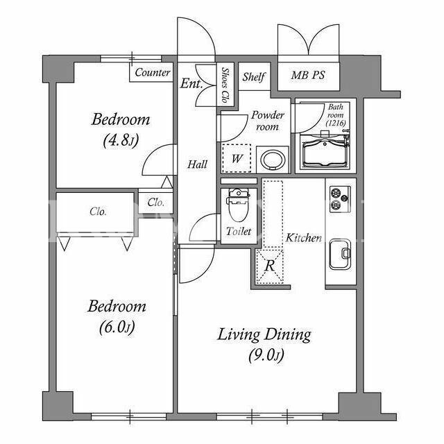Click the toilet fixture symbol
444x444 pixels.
point(239,205)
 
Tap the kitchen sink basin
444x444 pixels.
point(340,254)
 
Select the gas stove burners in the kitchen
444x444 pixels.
point(340,199)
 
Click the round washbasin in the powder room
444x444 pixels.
point(273,160)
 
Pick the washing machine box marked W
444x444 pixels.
point(236,158)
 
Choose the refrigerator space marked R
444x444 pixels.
point(269,266)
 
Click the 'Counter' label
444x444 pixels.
point(153,72)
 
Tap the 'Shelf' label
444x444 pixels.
point(254,77)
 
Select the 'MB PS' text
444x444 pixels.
point(308,75)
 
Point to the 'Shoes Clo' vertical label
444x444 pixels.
point(225,85)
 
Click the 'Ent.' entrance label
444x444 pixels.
point(191,83)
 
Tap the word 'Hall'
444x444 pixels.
point(197,164)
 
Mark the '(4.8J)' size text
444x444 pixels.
point(121,140)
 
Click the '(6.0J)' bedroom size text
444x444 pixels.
point(117,327)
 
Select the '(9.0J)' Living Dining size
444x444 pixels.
point(266,355)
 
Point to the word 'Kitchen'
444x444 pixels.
point(304,238)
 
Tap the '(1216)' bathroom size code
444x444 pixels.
point(336,123)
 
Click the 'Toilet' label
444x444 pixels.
point(239,232)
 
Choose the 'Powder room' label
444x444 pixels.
point(267,121)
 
